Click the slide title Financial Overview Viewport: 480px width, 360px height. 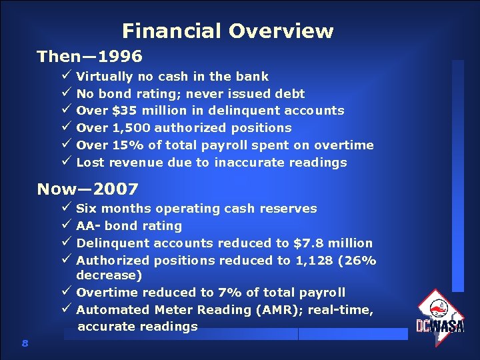coord(227,31)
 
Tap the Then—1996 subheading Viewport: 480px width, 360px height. coord(89,56)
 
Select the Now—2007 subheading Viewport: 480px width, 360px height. coord(87,189)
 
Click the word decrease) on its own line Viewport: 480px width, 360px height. coord(109,275)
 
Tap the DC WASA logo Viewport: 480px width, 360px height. coord(439,313)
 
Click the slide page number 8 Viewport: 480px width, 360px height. coord(25,343)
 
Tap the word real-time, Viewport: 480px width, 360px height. coord(340,309)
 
